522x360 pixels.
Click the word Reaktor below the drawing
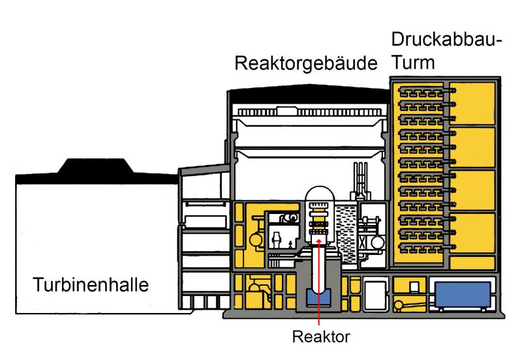click(319, 337)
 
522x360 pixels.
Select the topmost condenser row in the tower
click(421, 92)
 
